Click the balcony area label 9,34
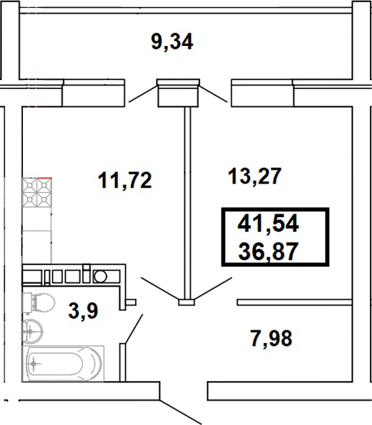pyautogui.click(x=171, y=41)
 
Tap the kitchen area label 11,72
pyautogui.click(x=123, y=182)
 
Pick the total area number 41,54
pyautogui.click(x=268, y=223)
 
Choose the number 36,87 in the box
pyautogui.click(x=268, y=248)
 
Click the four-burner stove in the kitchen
pyautogui.click(x=38, y=194)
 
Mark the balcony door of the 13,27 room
pyautogui.click(x=216, y=92)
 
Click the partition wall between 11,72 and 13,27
pyautogui.click(x=186, y=202)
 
